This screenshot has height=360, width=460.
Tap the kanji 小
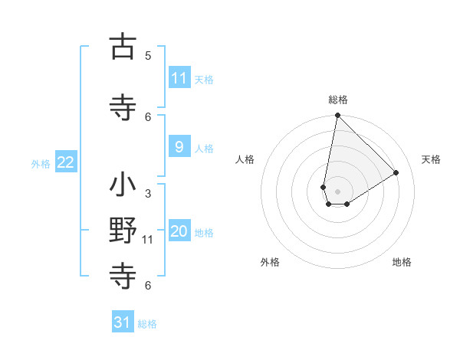123,185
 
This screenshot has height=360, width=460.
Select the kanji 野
123,231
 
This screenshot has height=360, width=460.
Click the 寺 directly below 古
123,108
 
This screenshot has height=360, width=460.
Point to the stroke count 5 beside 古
148,55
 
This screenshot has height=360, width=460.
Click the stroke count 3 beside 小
148,194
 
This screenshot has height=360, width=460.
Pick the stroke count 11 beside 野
148,240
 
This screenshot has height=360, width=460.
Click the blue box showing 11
179,78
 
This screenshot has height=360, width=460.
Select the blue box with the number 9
179,147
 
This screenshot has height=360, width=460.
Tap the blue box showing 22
66,162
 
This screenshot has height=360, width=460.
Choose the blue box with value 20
179,231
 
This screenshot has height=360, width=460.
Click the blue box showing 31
123,322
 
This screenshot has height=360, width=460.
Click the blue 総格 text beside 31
147,324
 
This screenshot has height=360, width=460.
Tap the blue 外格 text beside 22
41,163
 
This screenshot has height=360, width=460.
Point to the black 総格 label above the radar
338,100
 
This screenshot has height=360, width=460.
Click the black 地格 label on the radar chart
402,262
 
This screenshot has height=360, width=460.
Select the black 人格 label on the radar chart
245,159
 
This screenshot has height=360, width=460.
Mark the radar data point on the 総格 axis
337,115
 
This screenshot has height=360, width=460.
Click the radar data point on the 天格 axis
396,172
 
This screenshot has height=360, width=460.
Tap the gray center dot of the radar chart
337,191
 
